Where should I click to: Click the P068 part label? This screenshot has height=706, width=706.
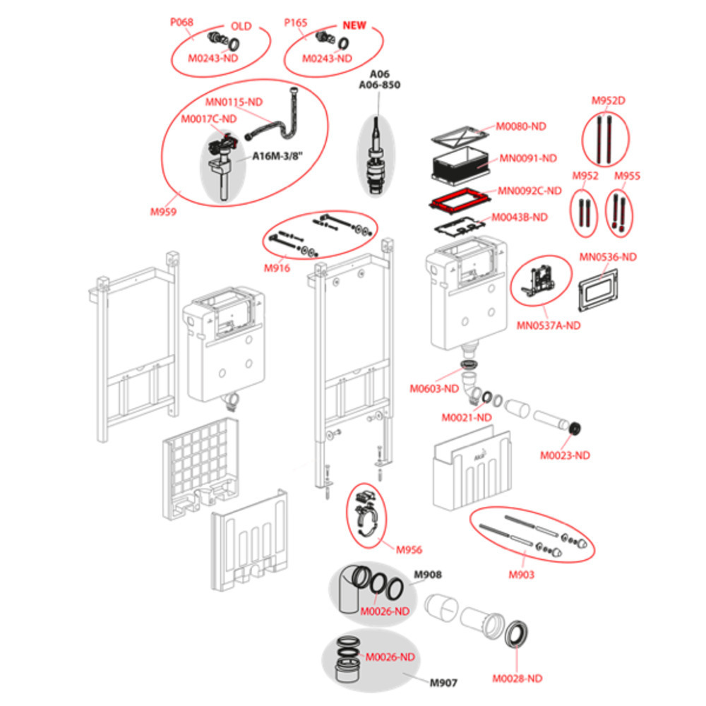click(181, 22)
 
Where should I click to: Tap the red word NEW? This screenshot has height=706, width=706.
click(354, 25)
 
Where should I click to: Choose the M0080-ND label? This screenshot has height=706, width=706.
click(521, 126)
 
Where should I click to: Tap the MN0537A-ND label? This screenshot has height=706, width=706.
click(549, 326)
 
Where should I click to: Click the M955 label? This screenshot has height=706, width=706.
click(627, 176)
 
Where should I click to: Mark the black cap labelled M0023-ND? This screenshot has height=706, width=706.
click(576, 428)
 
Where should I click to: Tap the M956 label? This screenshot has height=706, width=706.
click(409, 550)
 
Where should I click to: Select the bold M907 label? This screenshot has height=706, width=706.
click(443, 683)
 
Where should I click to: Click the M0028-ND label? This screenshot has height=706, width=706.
click(517, 678)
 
